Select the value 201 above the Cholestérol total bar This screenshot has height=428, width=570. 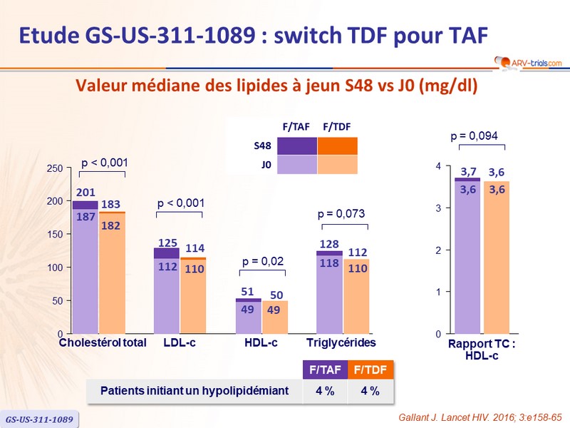coord(85,193)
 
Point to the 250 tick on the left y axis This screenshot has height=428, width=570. coord(61,168)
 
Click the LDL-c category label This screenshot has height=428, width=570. coord(179,342)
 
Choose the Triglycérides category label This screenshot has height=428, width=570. coord(341,342)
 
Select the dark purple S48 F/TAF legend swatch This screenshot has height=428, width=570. coord(296,146)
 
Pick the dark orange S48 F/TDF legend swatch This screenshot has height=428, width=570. coord(337,146)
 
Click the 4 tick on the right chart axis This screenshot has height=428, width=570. coord(439,166)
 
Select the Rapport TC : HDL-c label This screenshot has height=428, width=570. coord(482,350)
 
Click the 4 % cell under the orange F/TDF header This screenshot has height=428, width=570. coord(369,391)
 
